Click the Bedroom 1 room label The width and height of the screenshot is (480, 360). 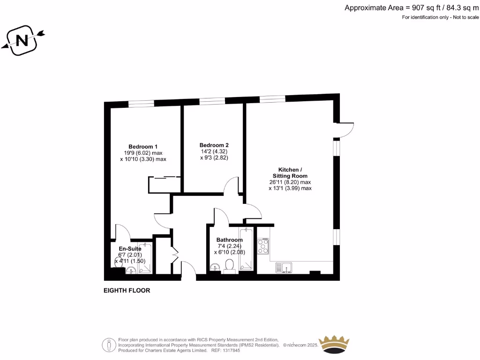143,146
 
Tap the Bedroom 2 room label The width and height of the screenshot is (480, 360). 214,145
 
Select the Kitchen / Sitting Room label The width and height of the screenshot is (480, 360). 290,172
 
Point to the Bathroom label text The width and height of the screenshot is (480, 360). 229,240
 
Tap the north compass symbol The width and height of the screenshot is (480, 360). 22,41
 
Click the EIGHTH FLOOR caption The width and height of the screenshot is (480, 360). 127,291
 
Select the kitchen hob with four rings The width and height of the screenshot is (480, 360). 263,246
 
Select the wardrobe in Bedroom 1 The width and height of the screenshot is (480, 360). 164,184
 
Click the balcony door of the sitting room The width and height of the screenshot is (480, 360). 346,130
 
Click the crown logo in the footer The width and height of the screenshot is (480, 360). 334,345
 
